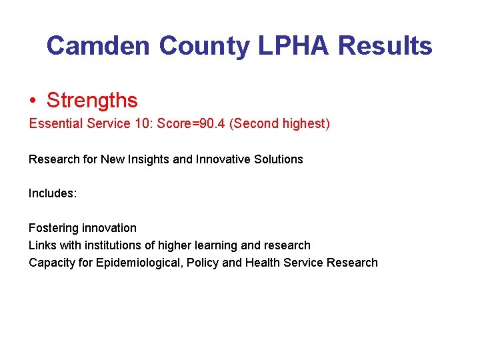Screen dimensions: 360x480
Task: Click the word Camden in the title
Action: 99,46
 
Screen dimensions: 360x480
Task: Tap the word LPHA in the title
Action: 294,46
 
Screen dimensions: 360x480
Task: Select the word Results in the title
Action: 385,46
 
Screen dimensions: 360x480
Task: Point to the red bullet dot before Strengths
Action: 33,101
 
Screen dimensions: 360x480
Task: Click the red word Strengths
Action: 92,101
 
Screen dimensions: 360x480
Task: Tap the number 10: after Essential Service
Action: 143,124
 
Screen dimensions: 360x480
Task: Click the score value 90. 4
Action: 209,124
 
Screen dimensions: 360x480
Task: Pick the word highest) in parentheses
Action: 305,124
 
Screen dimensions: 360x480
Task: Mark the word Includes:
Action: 53,193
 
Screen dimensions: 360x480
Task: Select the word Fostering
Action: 53,228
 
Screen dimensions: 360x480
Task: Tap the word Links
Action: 42,245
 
